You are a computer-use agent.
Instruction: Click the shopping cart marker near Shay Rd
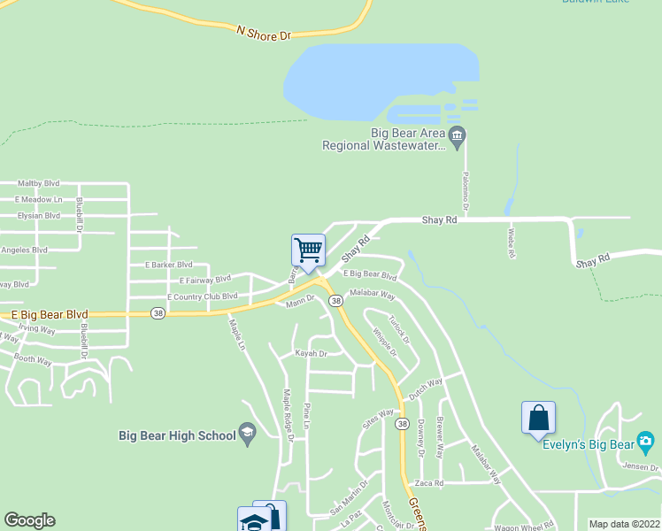(308, 251)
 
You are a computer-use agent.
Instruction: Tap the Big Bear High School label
(177, 435)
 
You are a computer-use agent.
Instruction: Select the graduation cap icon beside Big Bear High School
(248, 434)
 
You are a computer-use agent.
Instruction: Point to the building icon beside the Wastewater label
(457, 135)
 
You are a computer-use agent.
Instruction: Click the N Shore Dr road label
(264, 33)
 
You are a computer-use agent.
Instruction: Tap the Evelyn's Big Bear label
(589, 442)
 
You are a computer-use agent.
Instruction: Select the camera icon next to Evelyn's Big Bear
(646, 441)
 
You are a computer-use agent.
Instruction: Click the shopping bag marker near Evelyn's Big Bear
(538, 419)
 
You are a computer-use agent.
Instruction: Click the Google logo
(29, 520)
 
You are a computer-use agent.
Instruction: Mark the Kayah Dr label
(311, 353)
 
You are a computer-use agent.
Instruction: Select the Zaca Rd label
(428, 483)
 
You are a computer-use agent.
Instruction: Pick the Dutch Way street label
(425, 386)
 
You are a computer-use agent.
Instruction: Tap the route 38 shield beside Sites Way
(402, 425)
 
